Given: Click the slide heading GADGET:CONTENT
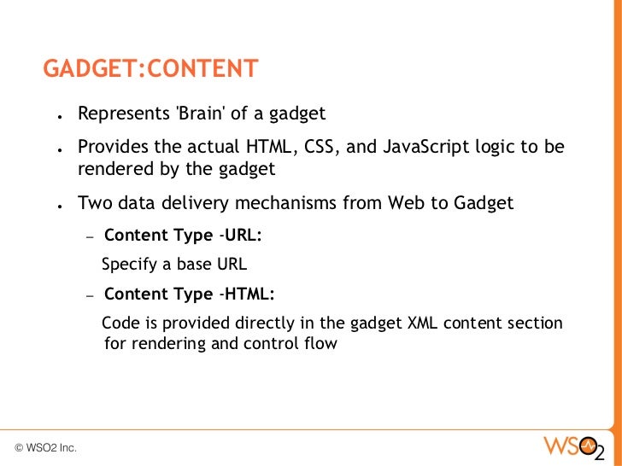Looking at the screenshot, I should [150, 68].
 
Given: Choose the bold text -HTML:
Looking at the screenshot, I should [247, 294].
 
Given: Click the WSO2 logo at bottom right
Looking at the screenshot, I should [573, 446].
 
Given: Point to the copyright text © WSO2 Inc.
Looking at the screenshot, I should [45, 447].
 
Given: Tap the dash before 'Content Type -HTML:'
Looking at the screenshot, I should [90, 295].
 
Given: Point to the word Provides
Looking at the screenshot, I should [112, 147].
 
